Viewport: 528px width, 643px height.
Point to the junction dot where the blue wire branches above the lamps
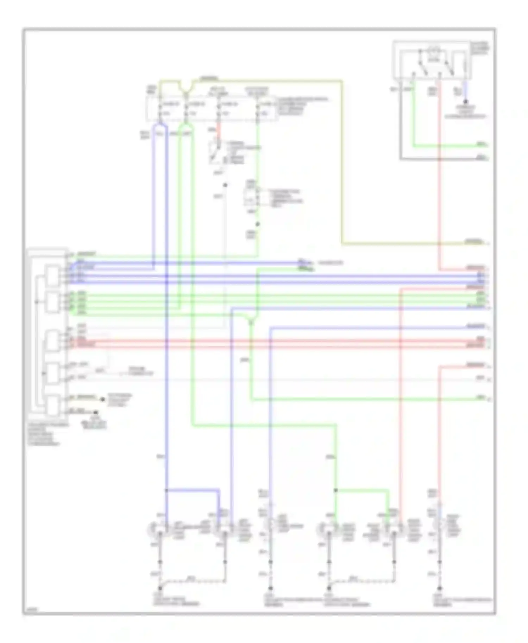[x=166, y=490]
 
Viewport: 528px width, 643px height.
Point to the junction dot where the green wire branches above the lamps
[x=335, y=490]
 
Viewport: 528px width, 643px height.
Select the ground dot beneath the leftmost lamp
[x=160, y=588]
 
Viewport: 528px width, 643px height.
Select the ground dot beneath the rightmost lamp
[x=440, y=588]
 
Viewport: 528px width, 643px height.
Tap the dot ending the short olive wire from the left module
[x=102, y=399]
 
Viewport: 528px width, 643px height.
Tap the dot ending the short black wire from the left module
[x=95, y=412]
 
